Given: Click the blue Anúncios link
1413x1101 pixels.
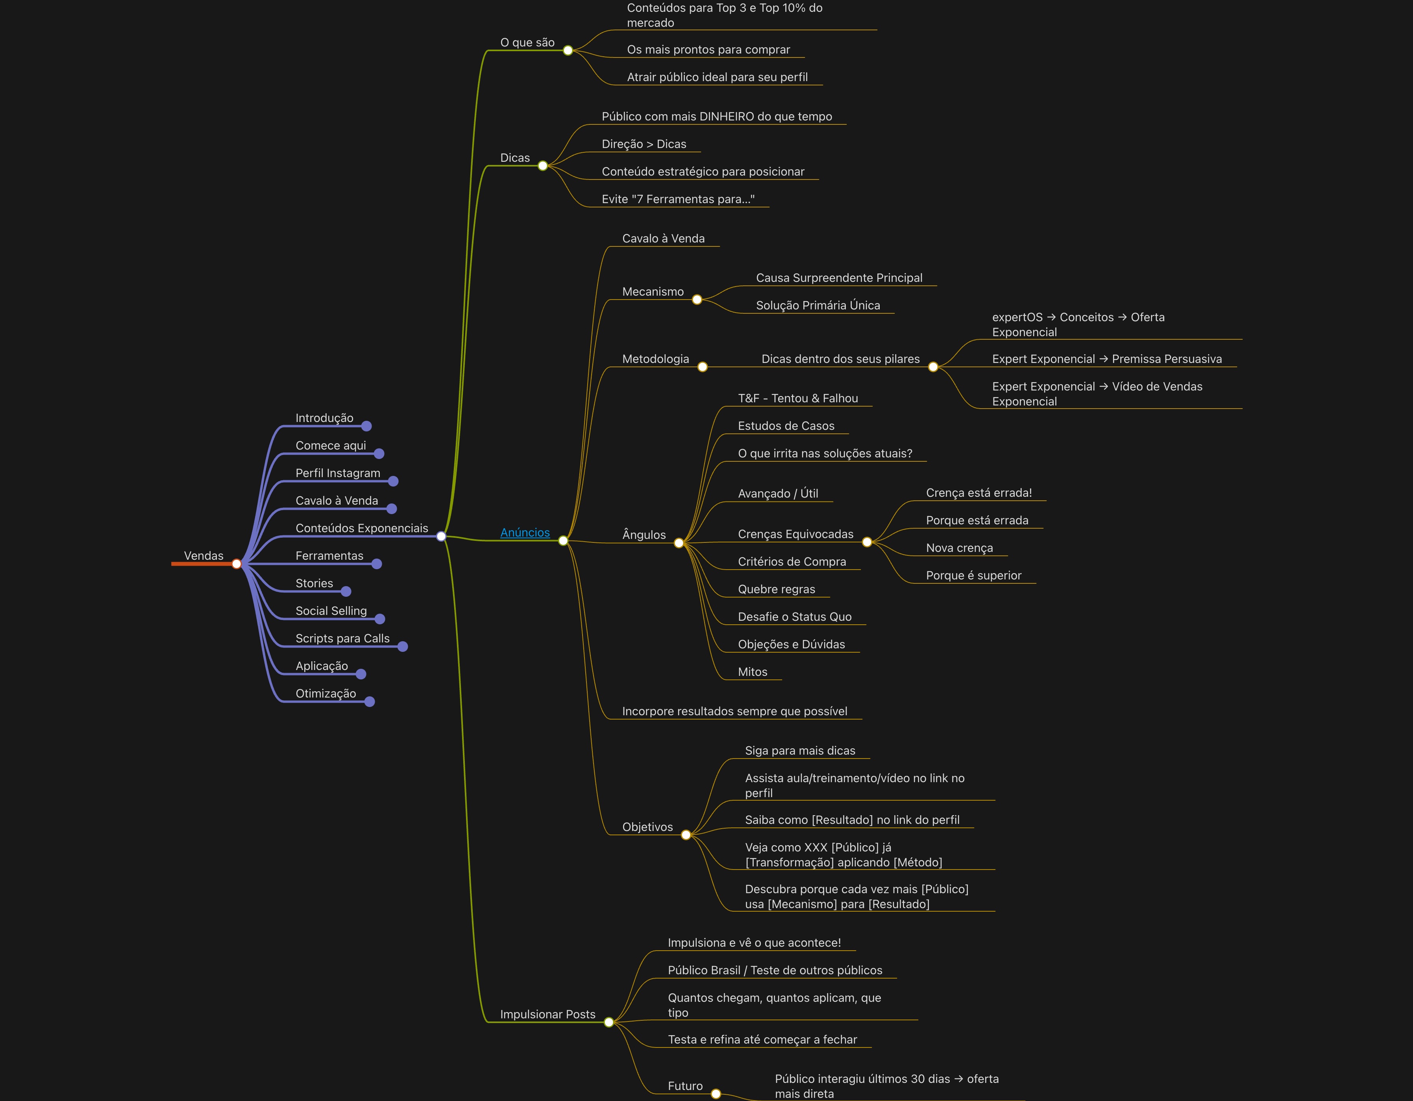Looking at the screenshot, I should tap(525, 532).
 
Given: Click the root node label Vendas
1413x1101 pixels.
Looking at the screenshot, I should tap(203, 556).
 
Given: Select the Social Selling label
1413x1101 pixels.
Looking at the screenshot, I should tap(331, 611).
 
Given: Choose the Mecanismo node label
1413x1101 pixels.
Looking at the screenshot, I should tap(652, 292).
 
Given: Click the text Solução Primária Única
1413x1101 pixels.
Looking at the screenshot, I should tap(818, 305).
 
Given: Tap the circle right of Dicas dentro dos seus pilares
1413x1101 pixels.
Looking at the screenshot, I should tap(933, 367).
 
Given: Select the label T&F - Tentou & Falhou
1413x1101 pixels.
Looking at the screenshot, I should tap(798, 398).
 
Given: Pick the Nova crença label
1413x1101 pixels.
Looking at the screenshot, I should tap(959, 548).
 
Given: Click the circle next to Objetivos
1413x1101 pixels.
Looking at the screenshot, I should tap(686, 835).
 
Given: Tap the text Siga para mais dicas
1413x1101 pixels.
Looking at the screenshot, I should tap(800, 750).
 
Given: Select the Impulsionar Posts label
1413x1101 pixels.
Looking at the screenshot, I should tap(547, 1014).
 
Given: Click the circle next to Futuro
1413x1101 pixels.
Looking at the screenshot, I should tap(716, 1094).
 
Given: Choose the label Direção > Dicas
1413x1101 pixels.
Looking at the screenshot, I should tap(644, 144).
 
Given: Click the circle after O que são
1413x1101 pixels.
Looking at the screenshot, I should tap(568, 50).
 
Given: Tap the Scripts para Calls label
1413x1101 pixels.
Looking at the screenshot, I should tap(342, 638).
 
